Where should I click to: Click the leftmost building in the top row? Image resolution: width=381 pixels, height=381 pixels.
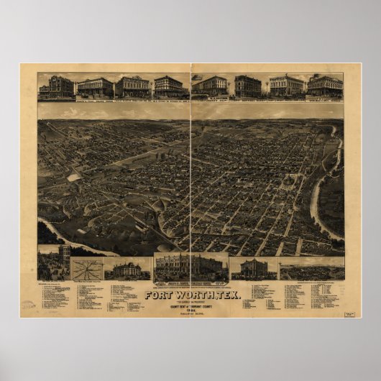point(56,87)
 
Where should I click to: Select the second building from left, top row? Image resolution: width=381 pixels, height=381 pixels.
point(95,87)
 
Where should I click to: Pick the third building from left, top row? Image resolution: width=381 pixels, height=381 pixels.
point(132,87)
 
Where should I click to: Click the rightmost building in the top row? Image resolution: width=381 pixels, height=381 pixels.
point(325,86)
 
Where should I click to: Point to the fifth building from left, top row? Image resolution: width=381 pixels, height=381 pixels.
point(211,86)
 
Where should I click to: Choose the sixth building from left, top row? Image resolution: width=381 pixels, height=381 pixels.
point(247,86)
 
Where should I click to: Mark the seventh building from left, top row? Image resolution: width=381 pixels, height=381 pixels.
point(286,86)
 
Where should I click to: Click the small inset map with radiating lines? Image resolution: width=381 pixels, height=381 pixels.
point(87,268)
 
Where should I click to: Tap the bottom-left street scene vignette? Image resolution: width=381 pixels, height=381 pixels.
point(54,263)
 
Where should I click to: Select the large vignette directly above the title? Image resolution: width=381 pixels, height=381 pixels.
point(190,267)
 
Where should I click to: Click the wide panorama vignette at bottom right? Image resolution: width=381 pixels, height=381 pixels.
point(311,270)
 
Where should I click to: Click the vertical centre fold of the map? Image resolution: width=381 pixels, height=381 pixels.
point(190,180)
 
